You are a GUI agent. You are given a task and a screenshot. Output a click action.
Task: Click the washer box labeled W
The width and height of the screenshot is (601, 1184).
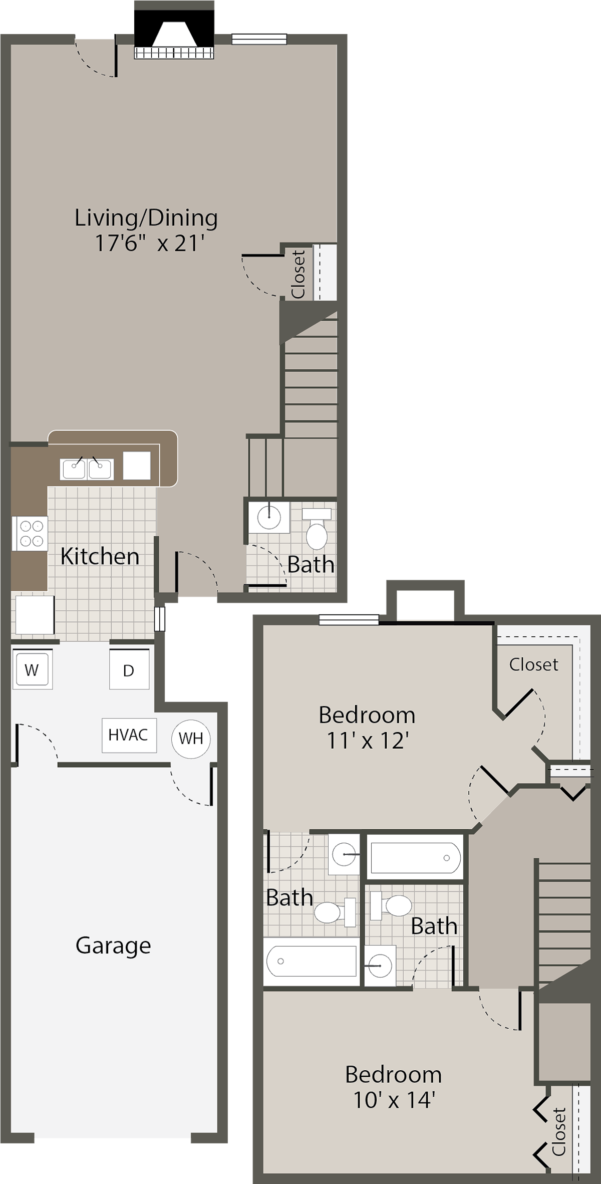coord(32,669)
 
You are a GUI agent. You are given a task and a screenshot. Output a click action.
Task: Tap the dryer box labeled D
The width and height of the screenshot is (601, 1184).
coord(129,669)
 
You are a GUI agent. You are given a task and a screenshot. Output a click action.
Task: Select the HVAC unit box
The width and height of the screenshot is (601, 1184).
coord(129,735)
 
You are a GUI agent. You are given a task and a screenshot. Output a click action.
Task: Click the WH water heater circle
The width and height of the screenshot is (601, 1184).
coord(191,738)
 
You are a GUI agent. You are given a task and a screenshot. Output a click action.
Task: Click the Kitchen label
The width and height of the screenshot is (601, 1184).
coord(100,557)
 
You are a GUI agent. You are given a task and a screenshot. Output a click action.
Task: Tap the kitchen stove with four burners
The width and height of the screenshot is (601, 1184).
coord(30,533)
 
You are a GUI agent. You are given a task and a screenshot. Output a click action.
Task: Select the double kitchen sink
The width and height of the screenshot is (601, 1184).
coord(87,469)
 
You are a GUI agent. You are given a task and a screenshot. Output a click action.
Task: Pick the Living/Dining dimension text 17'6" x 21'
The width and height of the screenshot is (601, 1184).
coord(149,244)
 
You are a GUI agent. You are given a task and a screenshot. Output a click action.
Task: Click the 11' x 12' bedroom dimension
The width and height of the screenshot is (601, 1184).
coord(367,741)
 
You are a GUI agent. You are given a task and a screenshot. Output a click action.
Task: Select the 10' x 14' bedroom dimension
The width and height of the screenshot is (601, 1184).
coord(393,1100)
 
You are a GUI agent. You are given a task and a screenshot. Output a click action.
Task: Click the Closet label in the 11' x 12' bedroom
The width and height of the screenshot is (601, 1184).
coord(533,664)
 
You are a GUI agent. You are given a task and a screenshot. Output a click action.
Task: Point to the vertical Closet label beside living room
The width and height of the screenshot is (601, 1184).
coord(298,275)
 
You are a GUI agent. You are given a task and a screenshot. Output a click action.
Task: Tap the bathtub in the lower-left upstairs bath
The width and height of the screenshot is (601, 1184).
coord(311,961)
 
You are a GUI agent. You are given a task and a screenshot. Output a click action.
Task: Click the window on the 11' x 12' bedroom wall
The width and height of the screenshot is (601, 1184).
coord(349,620)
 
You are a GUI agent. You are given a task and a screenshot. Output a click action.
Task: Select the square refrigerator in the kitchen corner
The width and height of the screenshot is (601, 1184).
coord(35,615)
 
